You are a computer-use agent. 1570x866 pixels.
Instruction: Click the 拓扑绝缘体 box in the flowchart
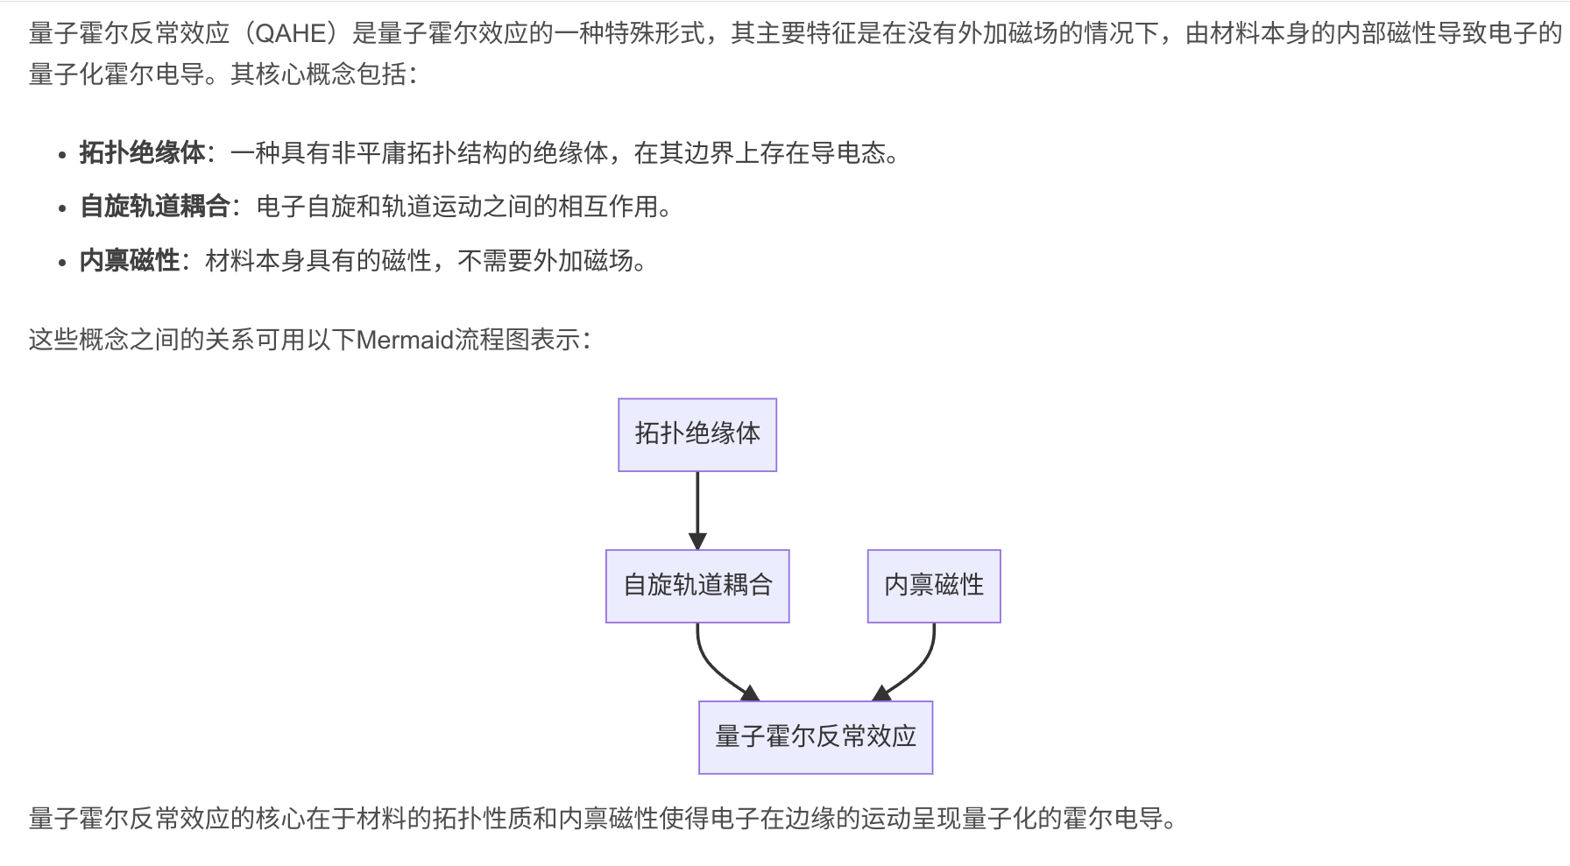click(697, 434)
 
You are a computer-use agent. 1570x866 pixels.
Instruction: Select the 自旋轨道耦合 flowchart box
click(697, 586)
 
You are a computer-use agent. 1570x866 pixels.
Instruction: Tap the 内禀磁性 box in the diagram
click(934, 586)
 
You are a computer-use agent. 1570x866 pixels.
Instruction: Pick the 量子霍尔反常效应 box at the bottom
click(816, 737)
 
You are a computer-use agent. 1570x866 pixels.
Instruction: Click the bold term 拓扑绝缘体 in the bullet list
click(142, 153)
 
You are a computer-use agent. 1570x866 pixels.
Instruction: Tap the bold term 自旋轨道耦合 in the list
click(155, 207)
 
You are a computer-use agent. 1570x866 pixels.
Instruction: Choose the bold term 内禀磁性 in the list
click(130, 261)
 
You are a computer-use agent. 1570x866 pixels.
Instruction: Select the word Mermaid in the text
click(405, 340)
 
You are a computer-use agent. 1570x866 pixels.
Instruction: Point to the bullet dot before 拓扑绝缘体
click(61, 155)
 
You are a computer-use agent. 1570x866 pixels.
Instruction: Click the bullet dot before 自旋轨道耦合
click(61, 208)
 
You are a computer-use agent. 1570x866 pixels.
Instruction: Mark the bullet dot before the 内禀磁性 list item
click(61, 263)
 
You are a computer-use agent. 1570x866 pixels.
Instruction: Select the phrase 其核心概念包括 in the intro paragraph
click(318, 74)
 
